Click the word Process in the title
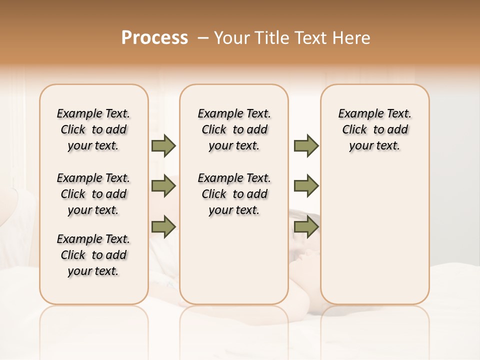pyautogui.click(x=154, y=38)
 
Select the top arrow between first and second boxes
pyautogui.click(x=163, y=145)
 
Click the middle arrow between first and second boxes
pyautogui.click(x=163, y=186)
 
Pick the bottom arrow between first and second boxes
pyautogui.click(x=163, y=226)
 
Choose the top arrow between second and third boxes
pyautogui.click(x=306, y=145)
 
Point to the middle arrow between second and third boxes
pyautogui.click(x=306, y=186)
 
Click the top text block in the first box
pyautogui.click(x=93, y=129)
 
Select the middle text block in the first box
pyautogui.click(x=93, y=194)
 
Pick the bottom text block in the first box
pyautogui.click(x=93, y=255)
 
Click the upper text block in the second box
pyautogui.click(x=234, y=129)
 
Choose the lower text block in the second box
pyautogui.click(x=234, y=194)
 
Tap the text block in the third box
pyautogui.click(x=375, y=129)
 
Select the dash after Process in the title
pyautogui.click(x=202, y=38)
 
